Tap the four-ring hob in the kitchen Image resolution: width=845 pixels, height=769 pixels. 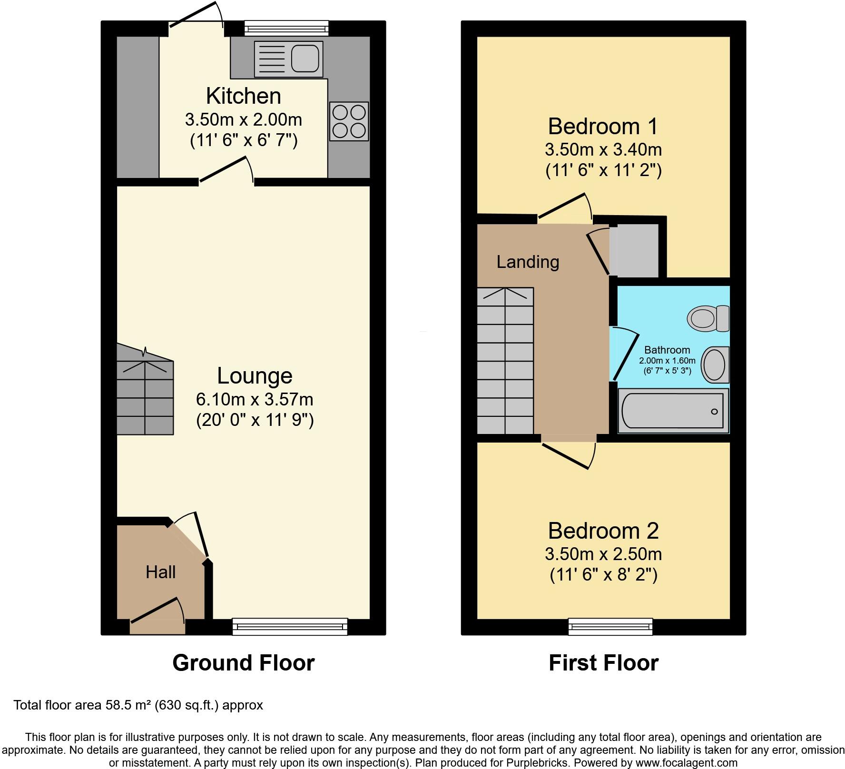click(x=349, y=121)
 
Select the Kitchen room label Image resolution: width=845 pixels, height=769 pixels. click(x=243, y=96)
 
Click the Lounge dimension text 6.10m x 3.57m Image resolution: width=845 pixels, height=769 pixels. click(x=255, y=399)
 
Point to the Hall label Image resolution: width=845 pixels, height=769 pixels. click(x=160, y=572)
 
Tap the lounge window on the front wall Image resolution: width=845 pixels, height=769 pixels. click(x=290, y=626)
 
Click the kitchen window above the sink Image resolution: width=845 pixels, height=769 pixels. click(x=286, y=28)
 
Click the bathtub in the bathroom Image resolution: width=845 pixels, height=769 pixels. click(x=672, y=411)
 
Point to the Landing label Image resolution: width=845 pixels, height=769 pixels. click(x=528, y=262)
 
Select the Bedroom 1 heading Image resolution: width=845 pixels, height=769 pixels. click(x=603, y=127)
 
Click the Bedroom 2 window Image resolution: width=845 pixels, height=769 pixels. click(x=610, y=626)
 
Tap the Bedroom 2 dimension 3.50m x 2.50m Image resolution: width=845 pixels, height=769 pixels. click(x=603, y=554)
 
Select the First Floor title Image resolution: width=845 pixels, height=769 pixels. click(x=603, y=663)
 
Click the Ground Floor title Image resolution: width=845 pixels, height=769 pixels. click(x=243, y=663)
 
